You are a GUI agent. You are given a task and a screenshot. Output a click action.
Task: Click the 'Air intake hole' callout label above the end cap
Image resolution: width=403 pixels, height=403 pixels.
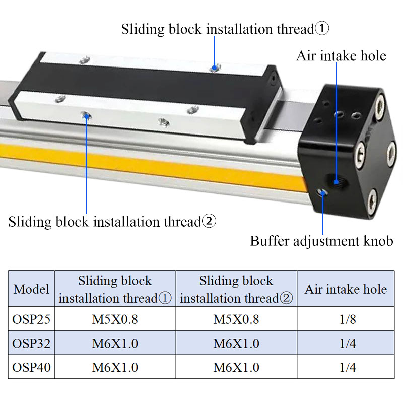341,56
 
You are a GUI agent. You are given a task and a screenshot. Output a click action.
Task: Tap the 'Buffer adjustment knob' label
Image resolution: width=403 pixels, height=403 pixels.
321,241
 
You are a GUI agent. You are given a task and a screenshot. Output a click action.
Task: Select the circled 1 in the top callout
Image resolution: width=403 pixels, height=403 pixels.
322,28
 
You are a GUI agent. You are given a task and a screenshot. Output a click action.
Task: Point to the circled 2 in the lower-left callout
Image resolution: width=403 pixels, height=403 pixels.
209,221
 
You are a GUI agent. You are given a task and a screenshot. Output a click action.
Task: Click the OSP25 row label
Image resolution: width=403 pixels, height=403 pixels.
31,319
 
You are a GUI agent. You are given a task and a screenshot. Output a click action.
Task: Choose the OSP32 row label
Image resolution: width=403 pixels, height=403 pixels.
31,343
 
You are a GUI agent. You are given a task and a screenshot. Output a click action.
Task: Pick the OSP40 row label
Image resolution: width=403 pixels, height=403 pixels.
31,367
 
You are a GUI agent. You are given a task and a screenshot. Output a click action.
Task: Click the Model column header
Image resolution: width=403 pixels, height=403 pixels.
31,289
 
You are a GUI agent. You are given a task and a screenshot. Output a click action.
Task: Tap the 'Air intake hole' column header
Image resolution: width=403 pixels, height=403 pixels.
346,289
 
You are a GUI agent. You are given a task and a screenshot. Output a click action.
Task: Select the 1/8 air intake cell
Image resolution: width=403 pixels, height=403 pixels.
348,319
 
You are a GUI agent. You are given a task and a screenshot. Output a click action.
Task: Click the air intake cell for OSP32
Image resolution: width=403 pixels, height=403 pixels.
348,343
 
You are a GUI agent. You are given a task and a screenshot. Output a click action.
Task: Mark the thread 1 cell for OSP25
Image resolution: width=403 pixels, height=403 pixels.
115,319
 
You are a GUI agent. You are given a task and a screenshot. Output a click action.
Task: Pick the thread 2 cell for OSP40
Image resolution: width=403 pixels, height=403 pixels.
236,367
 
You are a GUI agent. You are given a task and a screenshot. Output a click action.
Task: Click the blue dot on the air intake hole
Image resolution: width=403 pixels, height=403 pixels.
336,182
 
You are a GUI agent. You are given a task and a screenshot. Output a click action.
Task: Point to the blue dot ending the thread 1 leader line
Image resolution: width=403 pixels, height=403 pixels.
215,68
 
